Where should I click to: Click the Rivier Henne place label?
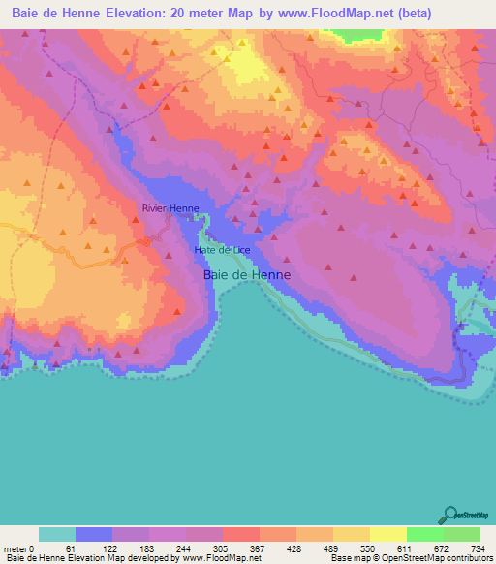(x=170, y=208)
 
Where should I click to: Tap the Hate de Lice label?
(x=222, y=250)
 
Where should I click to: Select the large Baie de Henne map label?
(x=247, y=275)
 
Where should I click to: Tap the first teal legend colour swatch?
(x=57, y=534)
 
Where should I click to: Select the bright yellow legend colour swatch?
(x=387, y=534)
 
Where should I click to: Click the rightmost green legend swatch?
(x=461, y=534)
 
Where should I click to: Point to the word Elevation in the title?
(x=128, y=14)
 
